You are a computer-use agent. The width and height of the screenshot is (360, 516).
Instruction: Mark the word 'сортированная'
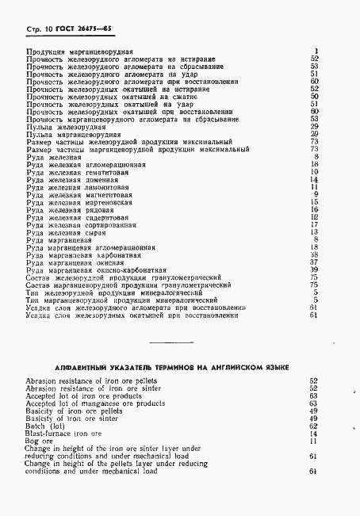[x=111, y=225]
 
